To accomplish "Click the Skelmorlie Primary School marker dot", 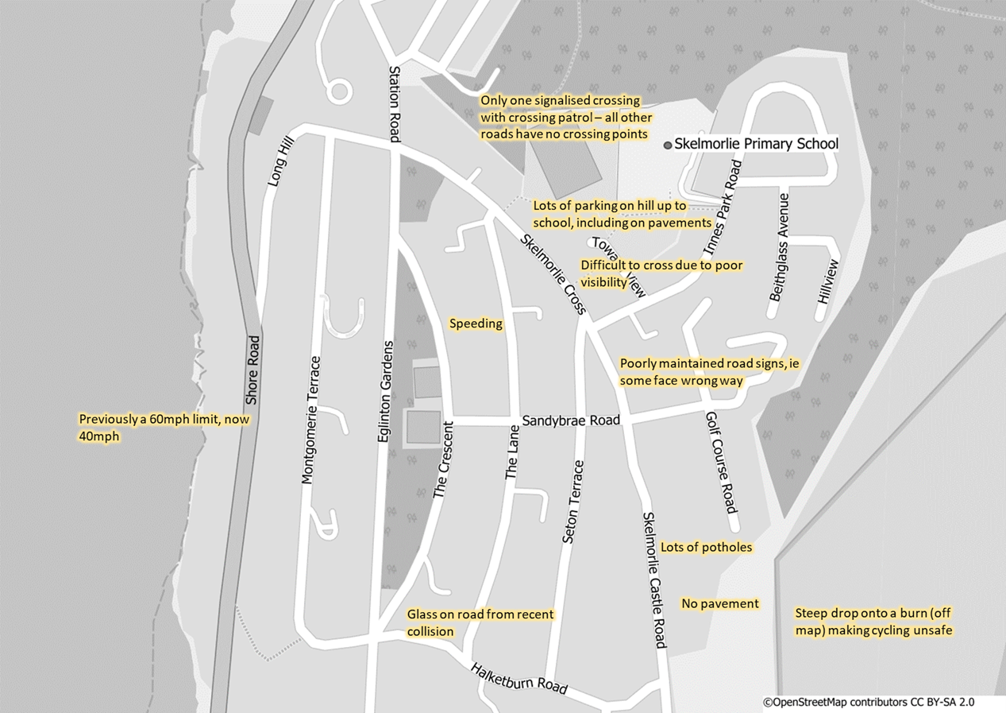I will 668,145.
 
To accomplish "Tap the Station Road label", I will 395,103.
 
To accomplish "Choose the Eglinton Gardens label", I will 384,397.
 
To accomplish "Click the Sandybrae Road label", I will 570,420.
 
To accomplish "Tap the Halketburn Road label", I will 518,678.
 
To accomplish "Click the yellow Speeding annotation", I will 476,324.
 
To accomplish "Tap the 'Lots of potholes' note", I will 706,548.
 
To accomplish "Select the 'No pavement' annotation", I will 719,604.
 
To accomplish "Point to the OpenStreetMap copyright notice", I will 868,702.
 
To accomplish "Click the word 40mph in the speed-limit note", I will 98,436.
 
